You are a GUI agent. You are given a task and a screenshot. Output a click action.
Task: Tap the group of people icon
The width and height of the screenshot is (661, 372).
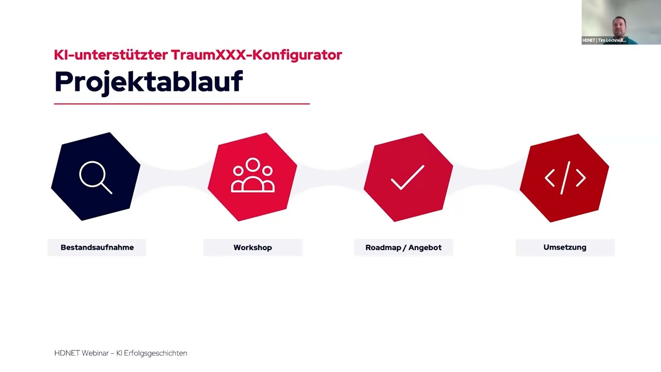253,176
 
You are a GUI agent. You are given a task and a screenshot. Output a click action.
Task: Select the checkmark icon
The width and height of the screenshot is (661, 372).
407,178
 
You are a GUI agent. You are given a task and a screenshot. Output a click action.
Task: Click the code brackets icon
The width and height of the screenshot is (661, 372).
565,178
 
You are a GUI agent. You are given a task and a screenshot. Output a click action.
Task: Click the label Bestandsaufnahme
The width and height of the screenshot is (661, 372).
97,247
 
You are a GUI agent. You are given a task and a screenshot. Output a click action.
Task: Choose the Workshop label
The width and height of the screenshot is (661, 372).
253,247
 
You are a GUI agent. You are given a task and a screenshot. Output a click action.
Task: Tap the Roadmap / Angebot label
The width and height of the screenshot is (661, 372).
403,247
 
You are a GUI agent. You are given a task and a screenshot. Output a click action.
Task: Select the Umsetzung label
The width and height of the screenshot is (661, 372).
564,247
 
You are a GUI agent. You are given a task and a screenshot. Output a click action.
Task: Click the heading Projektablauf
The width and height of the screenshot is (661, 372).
148,82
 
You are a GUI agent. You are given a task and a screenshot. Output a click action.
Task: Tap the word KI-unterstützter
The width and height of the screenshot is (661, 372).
111,55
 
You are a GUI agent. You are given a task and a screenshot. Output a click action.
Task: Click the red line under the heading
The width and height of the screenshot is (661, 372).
182,104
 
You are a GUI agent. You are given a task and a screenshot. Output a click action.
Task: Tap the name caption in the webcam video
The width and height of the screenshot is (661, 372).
604,40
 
